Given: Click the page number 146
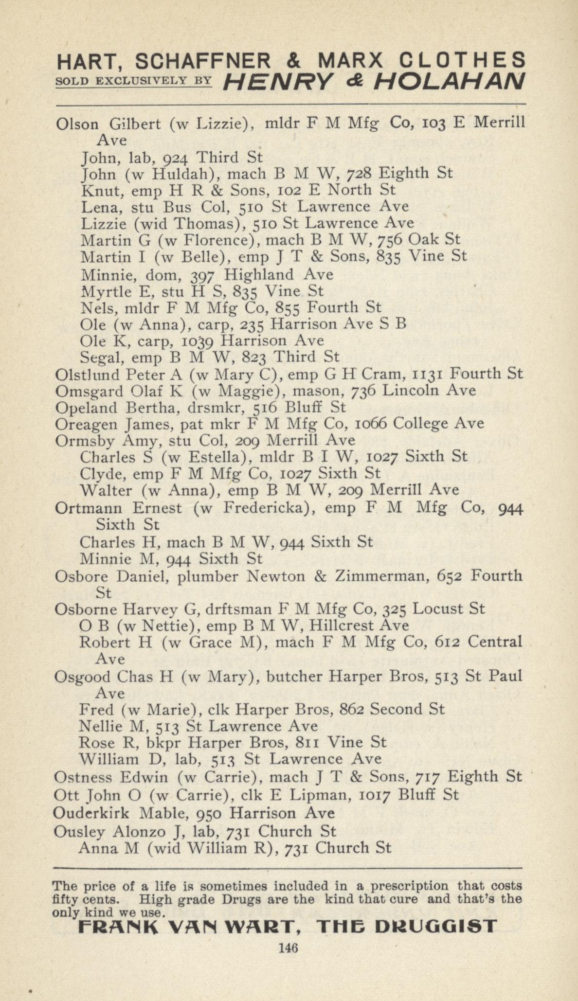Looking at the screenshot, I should tap(288, 947).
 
